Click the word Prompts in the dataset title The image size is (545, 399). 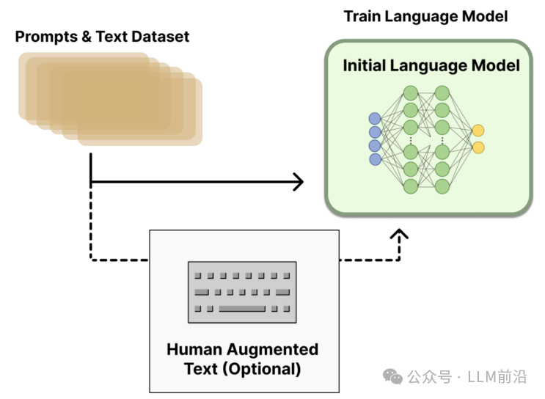click(x=43, y=37)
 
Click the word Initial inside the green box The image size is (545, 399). click(x=365, y=65)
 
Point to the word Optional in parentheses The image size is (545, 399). click(x=261, y=368)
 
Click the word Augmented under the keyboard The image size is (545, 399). click(x=271, y=349)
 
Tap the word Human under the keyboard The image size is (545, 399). click(x=194, y=349)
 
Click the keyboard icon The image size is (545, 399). click(x=242, y=292)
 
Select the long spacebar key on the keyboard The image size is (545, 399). click(x=241, y=308)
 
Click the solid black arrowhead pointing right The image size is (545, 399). click(x=297, y=181)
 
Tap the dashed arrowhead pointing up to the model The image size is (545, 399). click(x=399, y=235)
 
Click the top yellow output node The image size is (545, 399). click(x=478, y=131)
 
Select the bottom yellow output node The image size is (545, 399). click(x=478, y=147)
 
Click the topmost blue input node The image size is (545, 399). click(x=375, y=118)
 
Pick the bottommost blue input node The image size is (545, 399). click(x=375, y=159)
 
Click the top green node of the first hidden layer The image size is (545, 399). click(x=410, y=93)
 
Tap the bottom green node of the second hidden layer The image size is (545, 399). click(x=442, y=186)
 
